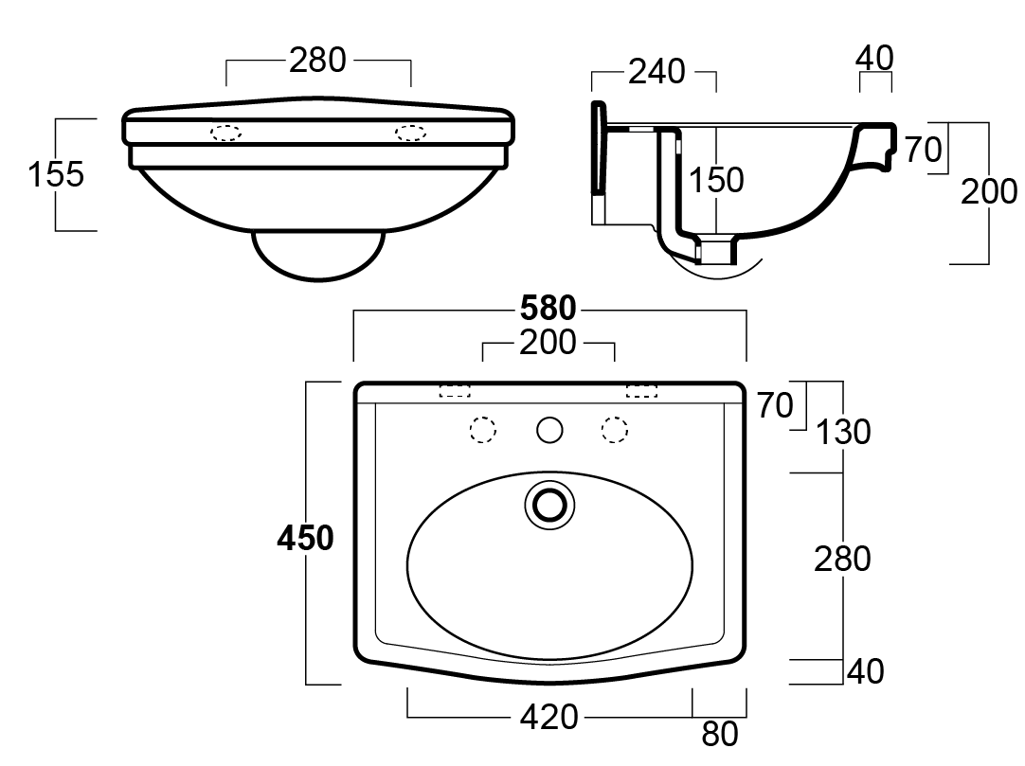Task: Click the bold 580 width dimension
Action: [548, 309]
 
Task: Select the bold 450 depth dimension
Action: [305, 538]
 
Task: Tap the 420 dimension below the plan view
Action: [548, 717]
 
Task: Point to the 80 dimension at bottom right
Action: [720, 734]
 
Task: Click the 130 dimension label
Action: [843, 432]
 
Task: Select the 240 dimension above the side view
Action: [656, 71]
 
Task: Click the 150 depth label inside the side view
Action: [716, 180]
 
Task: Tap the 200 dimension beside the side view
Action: [989, 192]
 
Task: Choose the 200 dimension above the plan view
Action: [548, 343]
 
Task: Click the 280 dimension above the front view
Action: [317, 61]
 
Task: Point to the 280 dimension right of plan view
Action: [842, 559]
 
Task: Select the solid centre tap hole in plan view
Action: [549, 431]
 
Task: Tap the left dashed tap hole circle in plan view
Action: [484, 431]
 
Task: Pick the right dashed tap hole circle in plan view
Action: [616, 431]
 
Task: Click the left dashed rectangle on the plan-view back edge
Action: [456, 390]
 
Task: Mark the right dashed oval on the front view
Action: [410, 133]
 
